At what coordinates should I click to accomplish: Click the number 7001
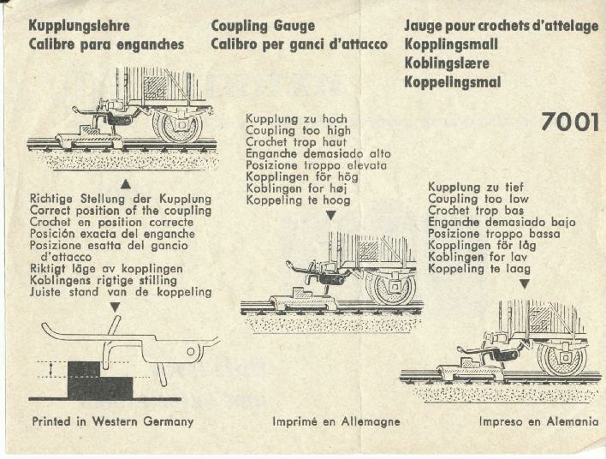[569, 122]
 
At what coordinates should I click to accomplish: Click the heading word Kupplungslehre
[78, 26]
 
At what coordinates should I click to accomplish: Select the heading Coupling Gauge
[263, 26]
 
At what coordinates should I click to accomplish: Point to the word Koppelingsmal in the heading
[453, 82]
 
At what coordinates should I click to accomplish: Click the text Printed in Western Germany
[112, 421]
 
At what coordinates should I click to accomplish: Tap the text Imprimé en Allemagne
[336, 422]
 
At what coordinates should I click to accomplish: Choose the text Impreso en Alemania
[538, 422]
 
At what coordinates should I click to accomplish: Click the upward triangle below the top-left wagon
[126, 183]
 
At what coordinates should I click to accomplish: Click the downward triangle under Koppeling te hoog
[330, 215]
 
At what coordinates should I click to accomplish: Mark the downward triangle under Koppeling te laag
[524, 283]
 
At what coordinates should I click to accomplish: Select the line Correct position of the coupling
[120, 210]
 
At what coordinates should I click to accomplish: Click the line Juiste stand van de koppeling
[120, 292]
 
